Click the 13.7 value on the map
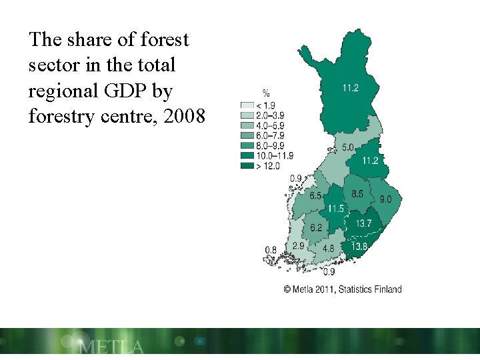click(363, 223)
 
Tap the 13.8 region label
click(359, 247)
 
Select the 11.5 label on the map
click(336, 209)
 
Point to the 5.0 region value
click(348, 147)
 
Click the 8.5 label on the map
click(357, 194)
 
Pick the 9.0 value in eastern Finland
click(386, 199)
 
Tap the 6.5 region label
click(315, 196)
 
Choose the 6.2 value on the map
click(316, 227)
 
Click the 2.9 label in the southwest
click(298, 245)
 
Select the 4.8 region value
click(328, 248)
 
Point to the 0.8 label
click(271, 250)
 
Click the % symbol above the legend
click(266, 93)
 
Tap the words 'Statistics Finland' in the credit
click(371, 289)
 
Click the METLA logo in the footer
click(111, 347)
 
